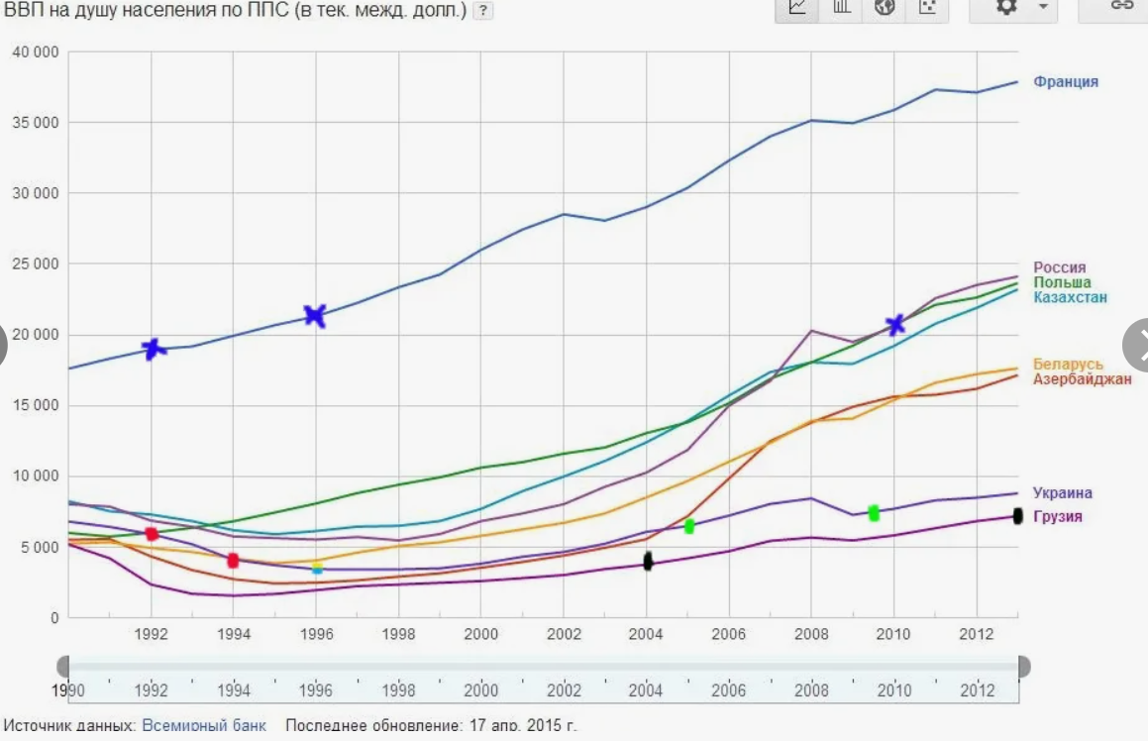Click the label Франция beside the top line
click(1065, 81)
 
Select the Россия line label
click(1059, 267)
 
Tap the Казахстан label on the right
click(1070, 297)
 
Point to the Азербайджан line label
click(1082, 378)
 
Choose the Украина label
click(1062, 492)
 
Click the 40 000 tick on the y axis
click(36, 52)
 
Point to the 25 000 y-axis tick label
click(36, 265)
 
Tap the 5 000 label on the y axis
click(40, 548)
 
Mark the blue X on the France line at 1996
click(315, 316)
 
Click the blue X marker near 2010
click(895, 324)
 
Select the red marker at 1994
click(233, 561)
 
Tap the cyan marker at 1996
click(317, 568)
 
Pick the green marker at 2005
click(689, 526)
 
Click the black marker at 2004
click(648, 562)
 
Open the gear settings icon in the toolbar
click(1006, 7)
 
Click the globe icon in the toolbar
click(885, 7)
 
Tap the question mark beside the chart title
click(482, 11)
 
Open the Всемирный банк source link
click(204, 725)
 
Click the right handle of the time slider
click(1023, 667)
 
